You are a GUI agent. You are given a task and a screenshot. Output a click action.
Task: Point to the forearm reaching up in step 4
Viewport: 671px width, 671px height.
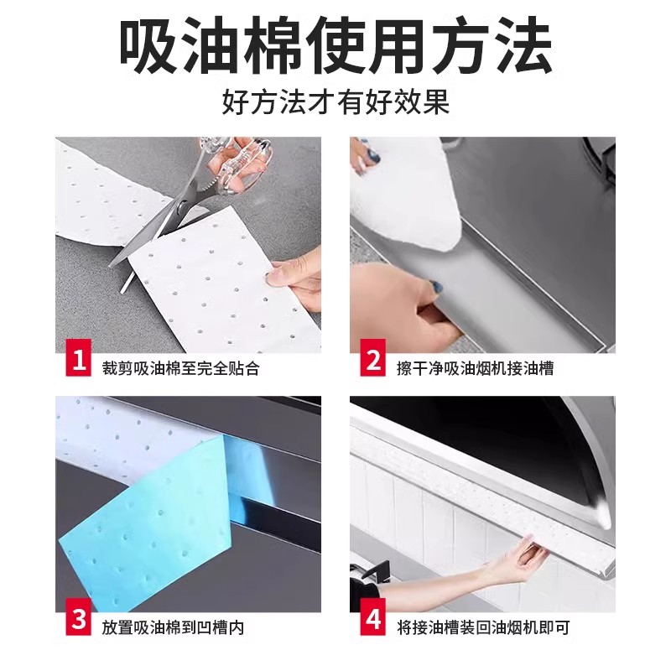436,583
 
